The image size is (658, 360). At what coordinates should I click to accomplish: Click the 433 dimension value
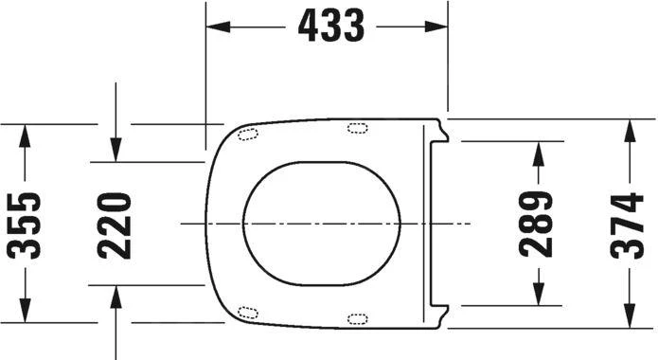point(330,27)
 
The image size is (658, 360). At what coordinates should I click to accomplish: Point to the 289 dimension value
point(537,225)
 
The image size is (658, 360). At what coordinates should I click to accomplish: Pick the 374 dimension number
point(627,225)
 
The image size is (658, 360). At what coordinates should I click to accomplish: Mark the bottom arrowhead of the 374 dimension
point(627,316)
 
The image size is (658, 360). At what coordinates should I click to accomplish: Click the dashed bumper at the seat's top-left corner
point(249,133)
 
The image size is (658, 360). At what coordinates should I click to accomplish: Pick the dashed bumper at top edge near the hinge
point(359,128)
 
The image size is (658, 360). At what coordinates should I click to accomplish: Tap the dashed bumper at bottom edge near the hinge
point(359,318)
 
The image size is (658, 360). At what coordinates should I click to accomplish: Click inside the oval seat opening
point(322,224)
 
